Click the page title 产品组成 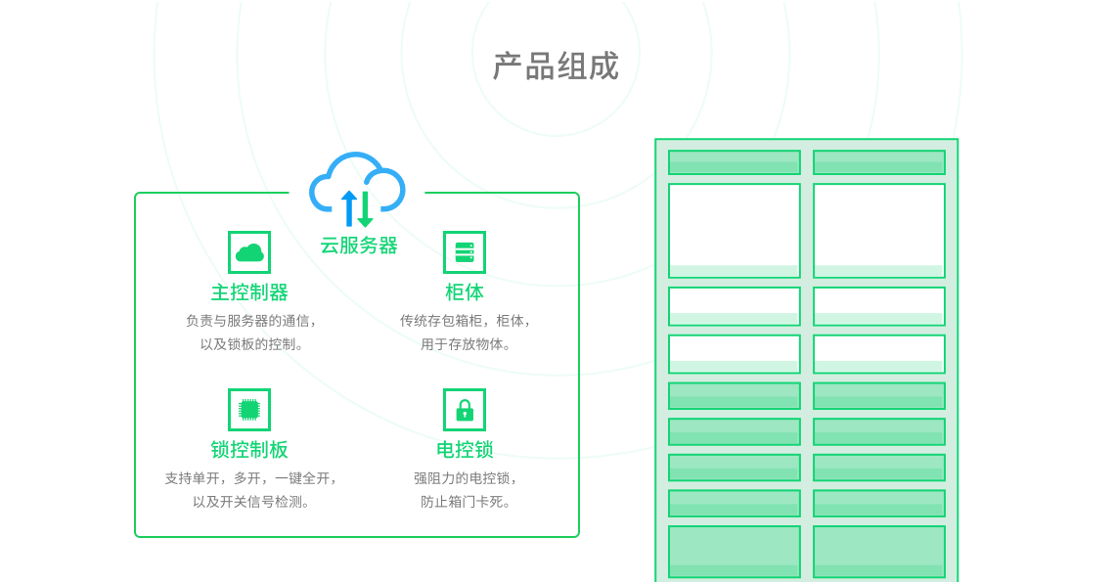(x=556, y=67)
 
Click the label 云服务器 (x=359, y=246)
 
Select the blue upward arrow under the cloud (x=349, y=208)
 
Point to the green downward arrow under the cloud (x=365, y=208)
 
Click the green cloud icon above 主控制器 (x=249, y=252)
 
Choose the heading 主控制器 (x=249, y=292)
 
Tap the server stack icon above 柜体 (x=465, y=252)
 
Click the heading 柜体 (x=465, y=292)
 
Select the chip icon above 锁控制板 (x=249, y=410)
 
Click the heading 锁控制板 (x=249, y=450)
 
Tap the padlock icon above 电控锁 (x=465, y=410)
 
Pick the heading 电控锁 (x=465, y=450)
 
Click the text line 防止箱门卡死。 (x=467, y=502)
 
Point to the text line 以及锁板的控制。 (x=252, y=344)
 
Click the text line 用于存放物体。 (x=467, y=344)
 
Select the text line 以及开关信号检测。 (x=251, y=502)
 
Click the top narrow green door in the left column (x=735, y=162)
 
